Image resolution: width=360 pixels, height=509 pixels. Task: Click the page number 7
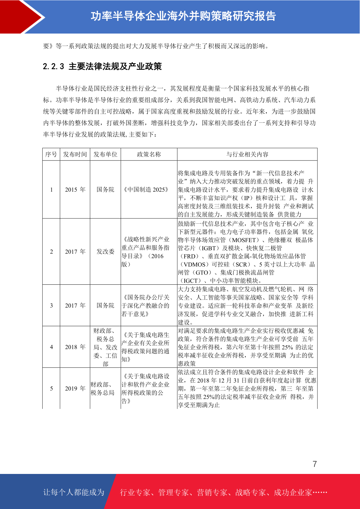click(315, 464)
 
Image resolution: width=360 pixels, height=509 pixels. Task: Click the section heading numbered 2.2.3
click(102, 66)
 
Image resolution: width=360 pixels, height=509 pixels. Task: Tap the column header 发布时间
click(75, 154)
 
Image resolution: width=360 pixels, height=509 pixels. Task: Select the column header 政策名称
click(149, 154)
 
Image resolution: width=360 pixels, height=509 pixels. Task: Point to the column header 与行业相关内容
click(247, 154)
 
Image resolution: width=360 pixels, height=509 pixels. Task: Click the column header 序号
click(51, 154)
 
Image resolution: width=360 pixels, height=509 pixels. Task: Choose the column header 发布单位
click(105, 154)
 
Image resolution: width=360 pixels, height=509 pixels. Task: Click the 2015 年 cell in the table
click(75, 190)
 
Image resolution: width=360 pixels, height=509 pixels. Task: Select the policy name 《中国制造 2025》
click(146, 190)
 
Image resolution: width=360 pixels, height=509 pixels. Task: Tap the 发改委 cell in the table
click(105, 251)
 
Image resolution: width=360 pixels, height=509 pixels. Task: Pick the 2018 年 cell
click(75, 347)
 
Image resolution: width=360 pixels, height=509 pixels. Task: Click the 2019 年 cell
click(75, 388)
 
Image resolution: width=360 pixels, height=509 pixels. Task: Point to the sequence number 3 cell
click(51, 306)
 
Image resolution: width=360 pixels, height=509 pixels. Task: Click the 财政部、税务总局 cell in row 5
click(102, 388)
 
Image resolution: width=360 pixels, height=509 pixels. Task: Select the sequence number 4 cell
click(51, 347)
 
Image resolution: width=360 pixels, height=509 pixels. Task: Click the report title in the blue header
click(183, 16)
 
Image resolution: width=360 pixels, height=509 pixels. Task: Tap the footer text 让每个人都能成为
click(74, 492)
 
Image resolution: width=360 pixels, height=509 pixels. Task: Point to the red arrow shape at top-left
click(21, 17)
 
